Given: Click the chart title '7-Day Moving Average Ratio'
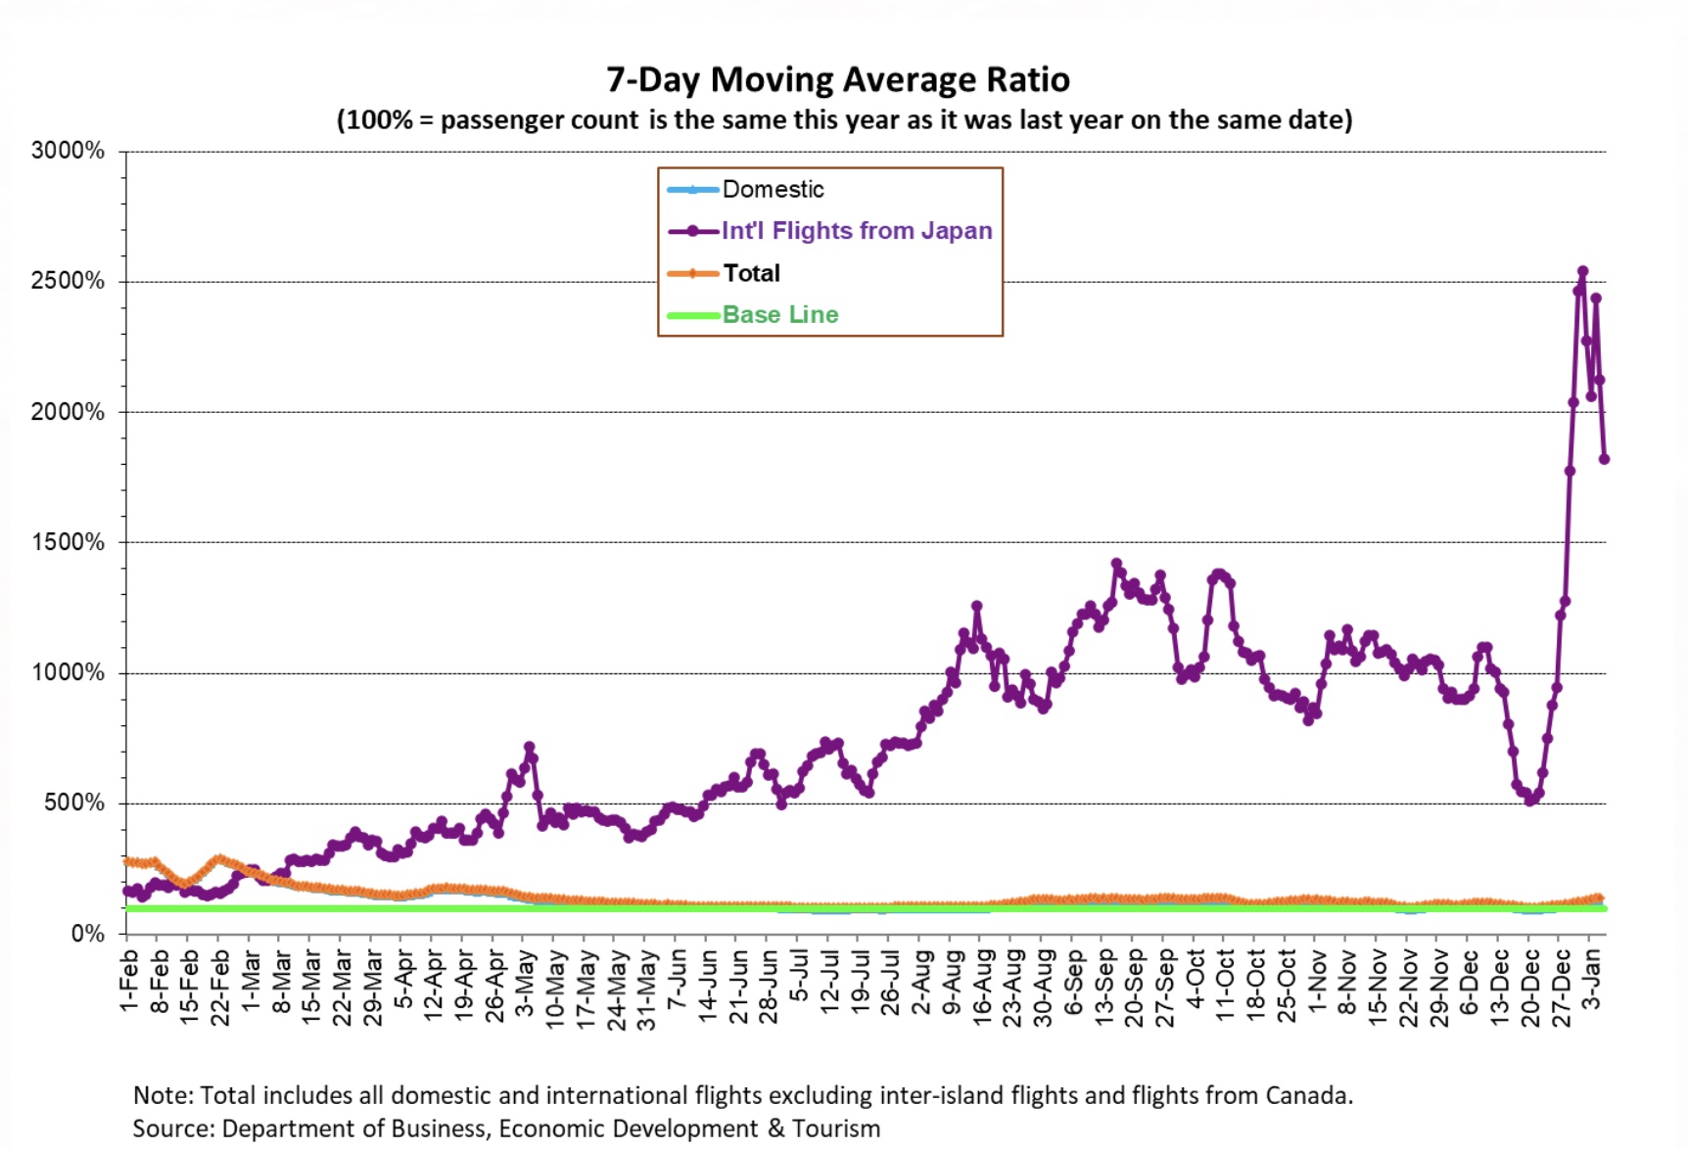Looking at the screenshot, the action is (838, 79).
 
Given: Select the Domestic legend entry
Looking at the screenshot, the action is (746, 189).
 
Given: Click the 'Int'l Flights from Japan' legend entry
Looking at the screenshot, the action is (830, 231).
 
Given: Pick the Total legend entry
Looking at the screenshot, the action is (724, 273).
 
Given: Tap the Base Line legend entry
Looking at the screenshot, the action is (753, 315).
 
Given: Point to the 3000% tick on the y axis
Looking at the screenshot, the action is (68, 151).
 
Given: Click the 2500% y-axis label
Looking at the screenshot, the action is (68, 281).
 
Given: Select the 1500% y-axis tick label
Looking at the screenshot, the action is (68, 542).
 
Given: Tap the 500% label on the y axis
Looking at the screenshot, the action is (74, 803).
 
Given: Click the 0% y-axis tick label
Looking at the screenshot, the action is (88, 934).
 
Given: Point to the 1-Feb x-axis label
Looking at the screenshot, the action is (128, 980).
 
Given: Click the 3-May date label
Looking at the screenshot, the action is (525, 982).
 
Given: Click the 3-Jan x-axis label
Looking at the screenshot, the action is (1593, 979).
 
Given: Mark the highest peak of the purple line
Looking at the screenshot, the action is (1582, 271).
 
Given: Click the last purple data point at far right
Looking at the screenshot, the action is (1604, 458).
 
